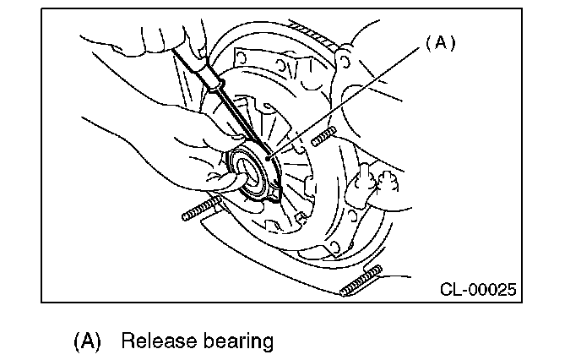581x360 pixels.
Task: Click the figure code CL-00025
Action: (x=478, y=291)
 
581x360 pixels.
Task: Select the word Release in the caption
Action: (x=155, y=341)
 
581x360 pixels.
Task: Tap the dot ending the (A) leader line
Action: (x=268, y=156)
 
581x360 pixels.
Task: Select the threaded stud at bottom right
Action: (x=361, y=281)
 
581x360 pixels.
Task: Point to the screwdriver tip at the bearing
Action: (x=261, y=153)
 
